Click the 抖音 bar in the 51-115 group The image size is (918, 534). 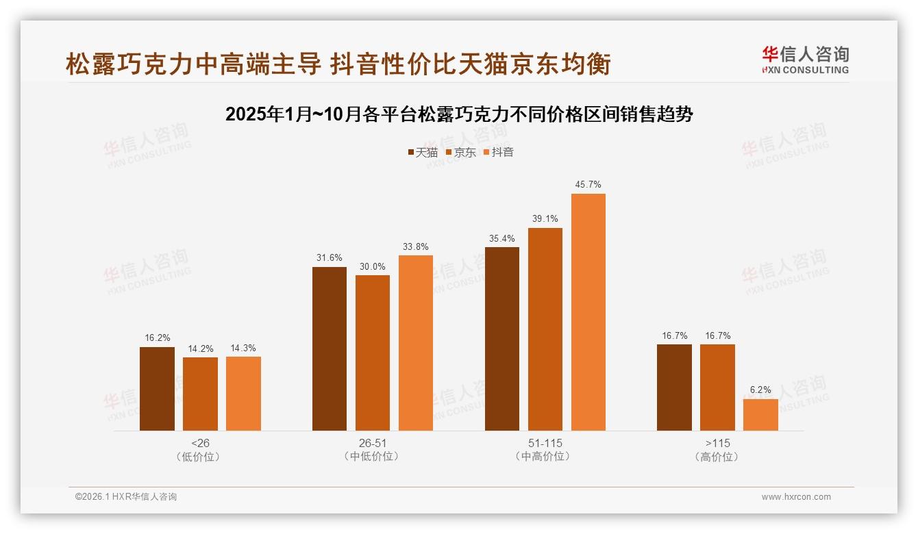[x=588, y=312]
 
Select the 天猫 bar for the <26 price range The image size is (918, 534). [x=157, y=389]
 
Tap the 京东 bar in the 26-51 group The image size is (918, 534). [x=373, y=353]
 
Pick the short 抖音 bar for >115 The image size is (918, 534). [x=760, y=415]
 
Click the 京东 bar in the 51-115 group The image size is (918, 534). [x=545, y=329]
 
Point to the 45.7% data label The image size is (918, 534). [x=588, y=185]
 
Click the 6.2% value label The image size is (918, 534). [x=760, y=390]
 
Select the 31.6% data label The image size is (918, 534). [x=330, y=258]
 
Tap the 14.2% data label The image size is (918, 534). [x=200, y=348]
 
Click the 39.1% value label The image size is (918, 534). [x=545, y=219]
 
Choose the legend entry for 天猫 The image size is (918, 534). [x=422, y=153]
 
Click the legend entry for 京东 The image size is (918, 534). [x=460, y=153]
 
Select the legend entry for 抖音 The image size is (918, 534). [x=498, y=153]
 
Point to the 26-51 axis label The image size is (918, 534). [x=373, y=443]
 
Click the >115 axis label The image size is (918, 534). [x=717, y=443]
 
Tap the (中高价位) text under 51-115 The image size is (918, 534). [x=545, y=457]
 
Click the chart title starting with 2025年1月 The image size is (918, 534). [x=459, y=114]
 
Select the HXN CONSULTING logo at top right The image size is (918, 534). [x=805, y=60]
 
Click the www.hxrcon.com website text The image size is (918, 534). [x=796, y=497]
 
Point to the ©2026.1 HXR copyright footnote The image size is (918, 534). [x=126, y=497]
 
